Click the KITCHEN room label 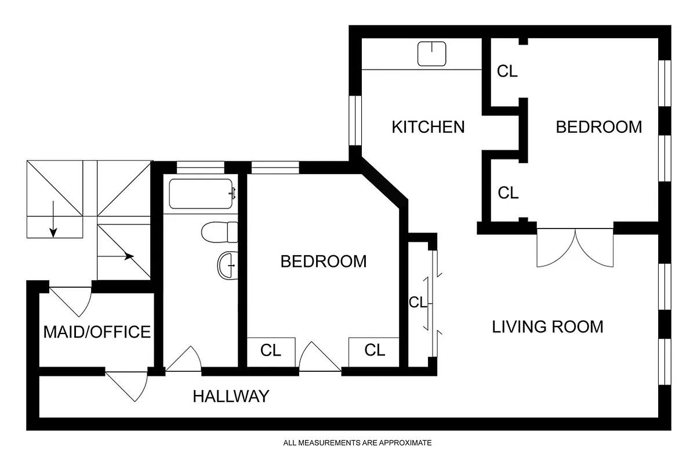428,126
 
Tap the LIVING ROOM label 547,327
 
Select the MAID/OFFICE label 97,332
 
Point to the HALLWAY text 231,396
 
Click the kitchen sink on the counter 432,54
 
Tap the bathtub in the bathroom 201,194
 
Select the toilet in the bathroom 220,233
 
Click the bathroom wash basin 227,266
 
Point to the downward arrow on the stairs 53,219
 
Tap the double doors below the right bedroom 575,248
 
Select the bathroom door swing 184,360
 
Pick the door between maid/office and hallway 128,385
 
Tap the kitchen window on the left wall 355,120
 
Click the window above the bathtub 200,167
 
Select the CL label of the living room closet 418,302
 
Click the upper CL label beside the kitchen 507,71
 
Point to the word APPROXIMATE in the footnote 405,443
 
